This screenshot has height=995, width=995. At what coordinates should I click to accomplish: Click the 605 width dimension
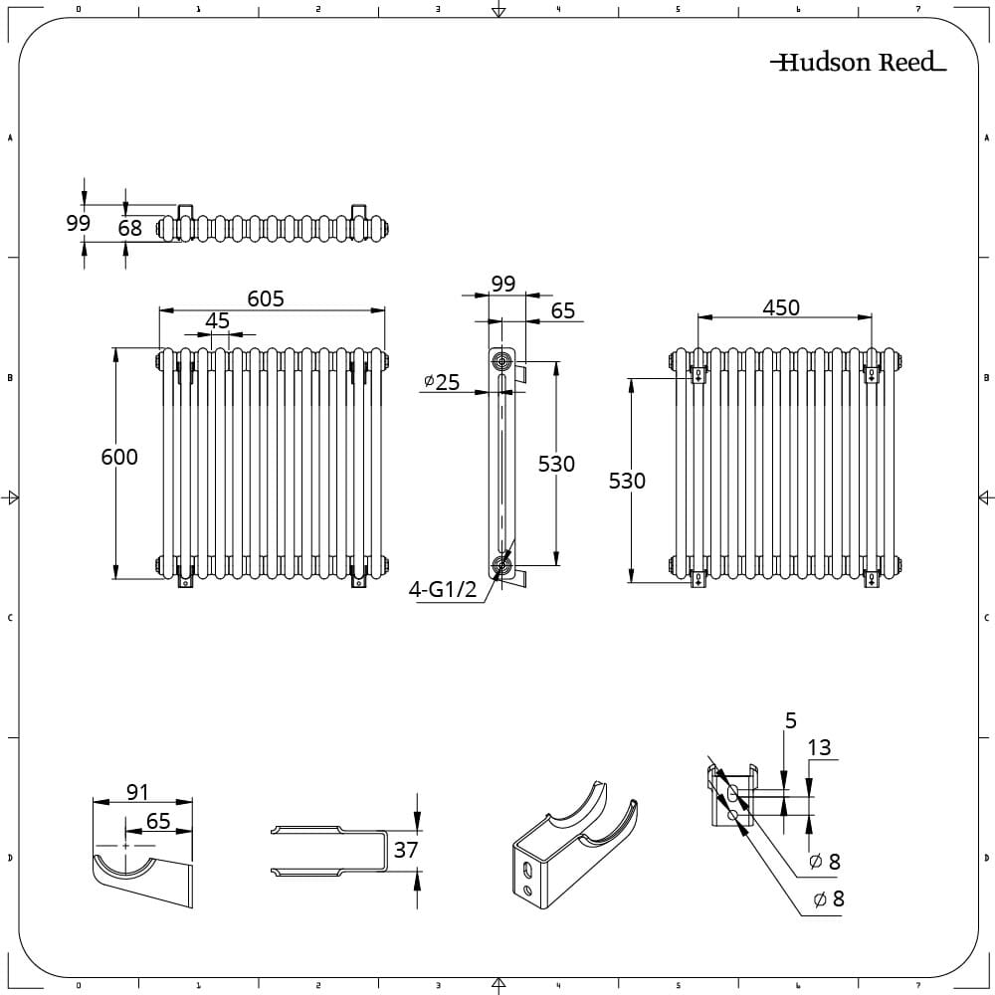pos(266,298)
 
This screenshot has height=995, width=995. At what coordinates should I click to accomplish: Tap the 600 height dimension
pos(119,458)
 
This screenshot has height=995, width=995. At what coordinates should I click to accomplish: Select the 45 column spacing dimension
pos(217,321)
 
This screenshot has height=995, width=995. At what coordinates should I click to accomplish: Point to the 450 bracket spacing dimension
pos(781,308)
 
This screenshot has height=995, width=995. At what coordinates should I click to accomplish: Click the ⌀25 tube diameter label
pos(442,381)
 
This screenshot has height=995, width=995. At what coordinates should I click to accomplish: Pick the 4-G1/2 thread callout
pos(443,590)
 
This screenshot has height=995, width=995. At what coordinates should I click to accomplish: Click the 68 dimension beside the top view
pos(129,228)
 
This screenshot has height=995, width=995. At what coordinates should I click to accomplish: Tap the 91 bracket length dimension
pos(137,792)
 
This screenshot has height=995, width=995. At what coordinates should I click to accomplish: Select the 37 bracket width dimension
pos(406,850)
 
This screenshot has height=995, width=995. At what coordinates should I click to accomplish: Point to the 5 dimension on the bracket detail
pos(790,720)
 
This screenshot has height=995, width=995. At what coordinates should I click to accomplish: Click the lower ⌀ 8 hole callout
pos(829,899)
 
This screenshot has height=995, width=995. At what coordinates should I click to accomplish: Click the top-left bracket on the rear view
pos(698,374)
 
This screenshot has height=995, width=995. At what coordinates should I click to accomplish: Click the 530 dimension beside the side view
pos(556,464)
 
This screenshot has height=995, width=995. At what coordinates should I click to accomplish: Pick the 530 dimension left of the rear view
pos(627,481)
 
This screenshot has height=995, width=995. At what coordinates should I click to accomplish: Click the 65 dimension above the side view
pos(562,310)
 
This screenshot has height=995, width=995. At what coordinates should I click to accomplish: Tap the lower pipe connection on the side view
pos(502,567)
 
